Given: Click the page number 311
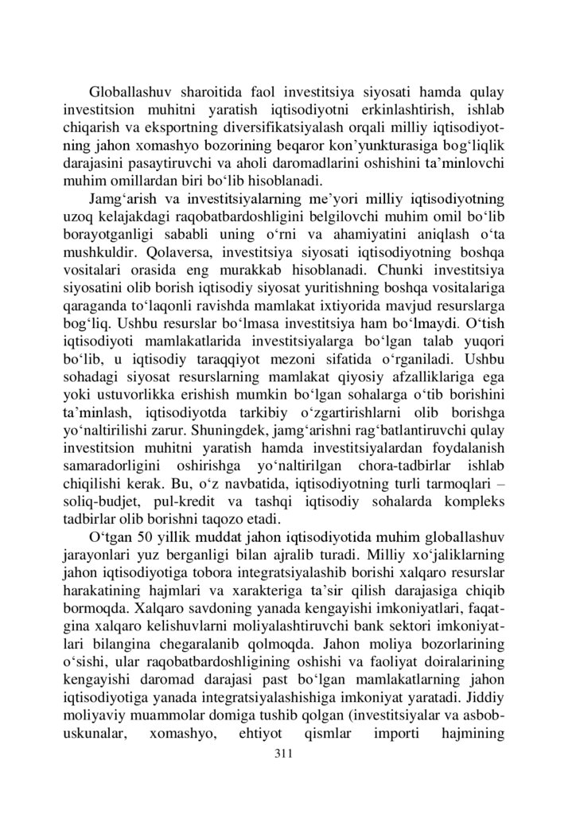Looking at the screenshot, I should (x=284, y=753).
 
